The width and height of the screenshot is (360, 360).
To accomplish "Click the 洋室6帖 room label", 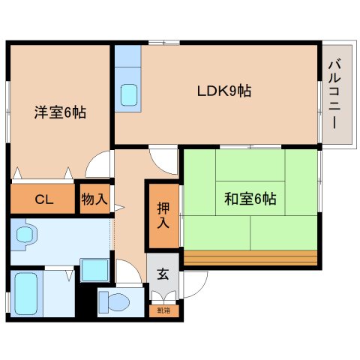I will pyautogui.click(x=59, y=112).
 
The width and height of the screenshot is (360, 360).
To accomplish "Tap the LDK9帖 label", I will pyautogui.click(x=223, y=91).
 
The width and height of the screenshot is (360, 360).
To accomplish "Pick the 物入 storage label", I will pyautogui.click(x=95, y=199).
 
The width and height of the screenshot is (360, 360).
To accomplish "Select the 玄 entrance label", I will pyautogui.click(x=163, y=273).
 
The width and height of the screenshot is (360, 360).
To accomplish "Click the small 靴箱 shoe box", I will pyautogui.click(x=163, y=308).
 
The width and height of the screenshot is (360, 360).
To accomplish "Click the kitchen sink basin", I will pyautogui.click(x=130, y=94).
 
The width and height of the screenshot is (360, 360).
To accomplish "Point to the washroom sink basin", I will pyautogui.click(x=25, y=235).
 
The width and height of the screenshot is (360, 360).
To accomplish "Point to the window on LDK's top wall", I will pyautogui.click(x=163, y=43).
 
